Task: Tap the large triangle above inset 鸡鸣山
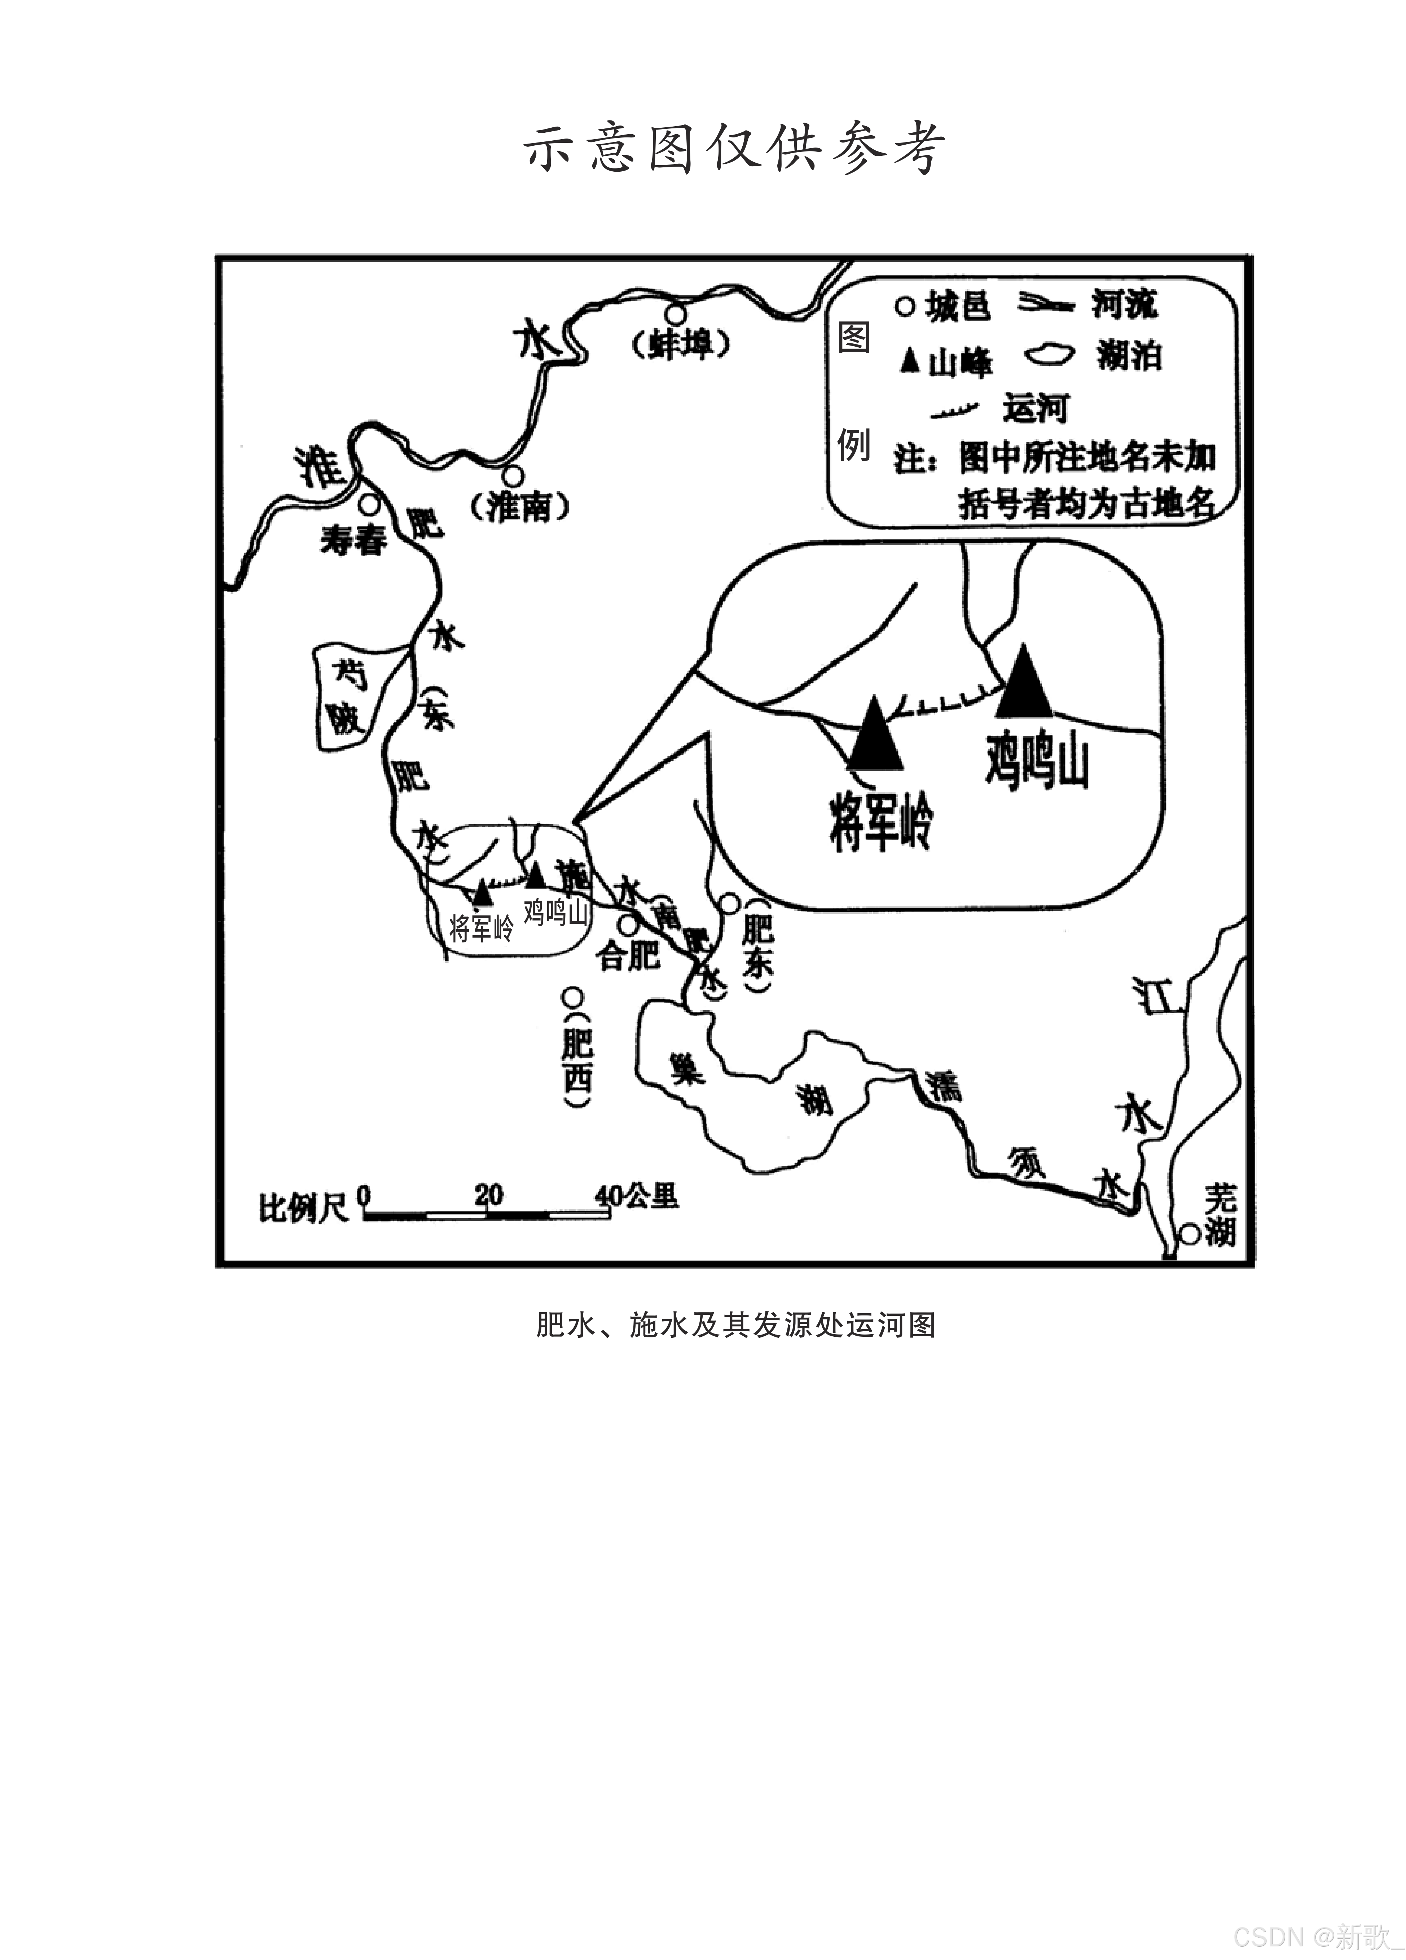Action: pyautogui.click(x=1024, y=682)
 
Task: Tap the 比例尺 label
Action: pyautogui.click(x=303, y=1207)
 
